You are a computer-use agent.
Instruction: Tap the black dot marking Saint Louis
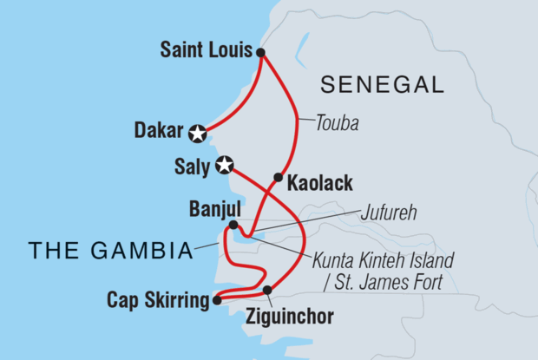pos(261,53)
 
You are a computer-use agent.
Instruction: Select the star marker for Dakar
pos(199,133)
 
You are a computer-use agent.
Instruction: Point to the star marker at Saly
pos(225,165)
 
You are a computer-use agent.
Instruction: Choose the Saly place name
pos(192,166)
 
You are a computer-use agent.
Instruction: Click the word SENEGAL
pos(382,85)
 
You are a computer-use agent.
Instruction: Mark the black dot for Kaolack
pos(279,178)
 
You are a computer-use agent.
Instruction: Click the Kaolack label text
pos(321,184)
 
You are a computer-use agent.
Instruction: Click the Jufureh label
pos(390,212)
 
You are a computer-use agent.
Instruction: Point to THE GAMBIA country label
pos(109,252)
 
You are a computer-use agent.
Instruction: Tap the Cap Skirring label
pos(156,300)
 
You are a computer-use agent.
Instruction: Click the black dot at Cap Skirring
pos(215,301)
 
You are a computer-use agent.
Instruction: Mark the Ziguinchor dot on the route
pos(267,290)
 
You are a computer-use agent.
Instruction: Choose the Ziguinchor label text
pos(289,317)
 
